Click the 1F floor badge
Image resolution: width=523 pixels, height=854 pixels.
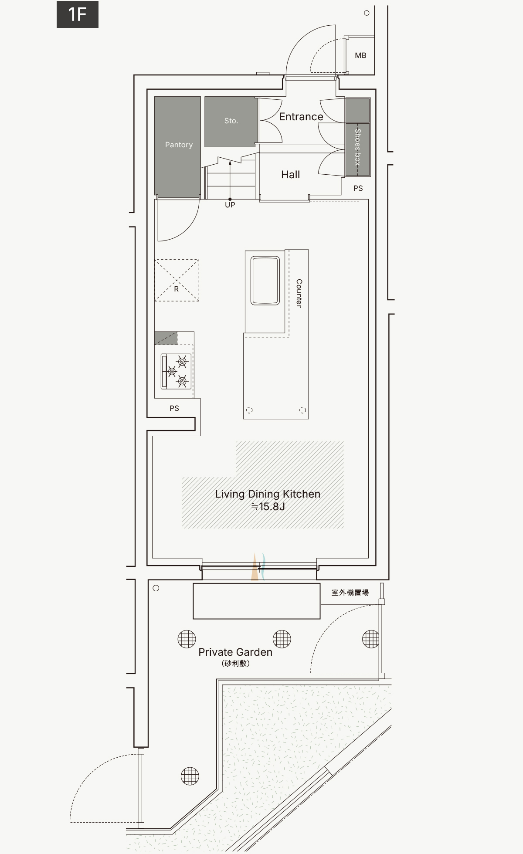click(78, 14)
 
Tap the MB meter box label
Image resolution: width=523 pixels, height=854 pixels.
click(360, 55)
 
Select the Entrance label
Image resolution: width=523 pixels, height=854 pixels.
click(301, 117)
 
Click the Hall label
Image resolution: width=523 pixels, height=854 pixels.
click(291, 175)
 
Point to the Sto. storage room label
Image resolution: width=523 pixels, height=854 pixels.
click(231, 121)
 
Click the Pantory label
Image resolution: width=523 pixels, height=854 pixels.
click(179, 145)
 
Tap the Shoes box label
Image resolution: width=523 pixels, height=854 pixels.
click(358, 147)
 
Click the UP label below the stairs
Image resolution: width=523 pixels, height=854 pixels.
click(230, 205)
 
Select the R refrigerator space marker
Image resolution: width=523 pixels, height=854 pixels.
click(177, 289)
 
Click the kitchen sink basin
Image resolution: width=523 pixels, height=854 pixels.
click(265, 280)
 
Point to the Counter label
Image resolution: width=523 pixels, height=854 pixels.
click(299, 293)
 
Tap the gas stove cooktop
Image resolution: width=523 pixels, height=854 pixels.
click(176, 372)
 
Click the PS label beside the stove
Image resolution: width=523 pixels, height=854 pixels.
click(174, 408)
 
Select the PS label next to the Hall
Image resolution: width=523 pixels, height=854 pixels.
click(358, 188)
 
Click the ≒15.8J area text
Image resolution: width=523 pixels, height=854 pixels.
click(268, 506)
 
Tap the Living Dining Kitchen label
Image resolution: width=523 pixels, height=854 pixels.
click(268, 494)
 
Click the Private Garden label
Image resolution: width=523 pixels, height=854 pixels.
click(235, 652)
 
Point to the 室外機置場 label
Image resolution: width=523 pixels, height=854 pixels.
click(350, 593)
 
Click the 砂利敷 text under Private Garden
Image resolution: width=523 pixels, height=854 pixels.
click(235, 664)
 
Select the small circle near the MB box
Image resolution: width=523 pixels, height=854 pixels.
click(367, 13)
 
